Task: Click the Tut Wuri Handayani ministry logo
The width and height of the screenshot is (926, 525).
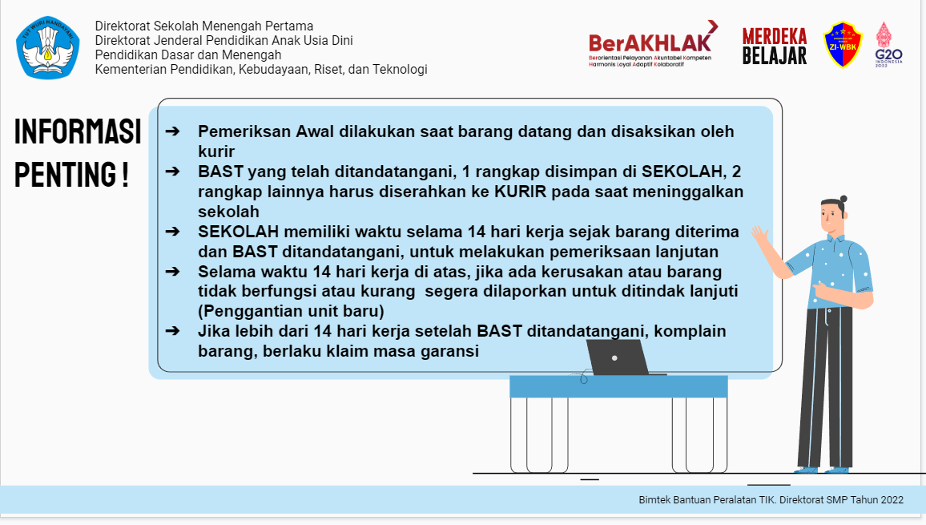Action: click(x=48, y=48)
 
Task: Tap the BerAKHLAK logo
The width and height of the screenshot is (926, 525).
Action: click(x=653, y=44)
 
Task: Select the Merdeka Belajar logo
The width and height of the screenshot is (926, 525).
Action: click(x=775, y=46)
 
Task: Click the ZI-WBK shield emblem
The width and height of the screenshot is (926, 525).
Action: click(x=843, y=44)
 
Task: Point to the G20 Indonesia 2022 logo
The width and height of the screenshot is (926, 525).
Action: click(x=888, y=45)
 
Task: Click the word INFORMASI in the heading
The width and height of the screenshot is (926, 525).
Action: click(x=78, y=131)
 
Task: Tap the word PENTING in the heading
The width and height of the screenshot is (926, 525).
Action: click(x=66, y=174)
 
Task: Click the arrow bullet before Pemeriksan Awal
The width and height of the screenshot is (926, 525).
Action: click(x=172, y=131)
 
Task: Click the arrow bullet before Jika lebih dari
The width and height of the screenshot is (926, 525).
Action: click(x=172, y=331)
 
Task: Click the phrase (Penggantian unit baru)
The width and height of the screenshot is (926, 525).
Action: click(x=291, y=311)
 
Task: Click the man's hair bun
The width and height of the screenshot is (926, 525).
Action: click(x=843, y=200)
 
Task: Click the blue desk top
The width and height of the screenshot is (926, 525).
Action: click(x=618, y=386)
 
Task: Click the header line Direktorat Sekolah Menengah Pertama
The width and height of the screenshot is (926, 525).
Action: click(x=204, y=26)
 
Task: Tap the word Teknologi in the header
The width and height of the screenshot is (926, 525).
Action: click(x=400, y=69)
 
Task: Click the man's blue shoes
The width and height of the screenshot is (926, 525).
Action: click(x=822, y=470)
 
